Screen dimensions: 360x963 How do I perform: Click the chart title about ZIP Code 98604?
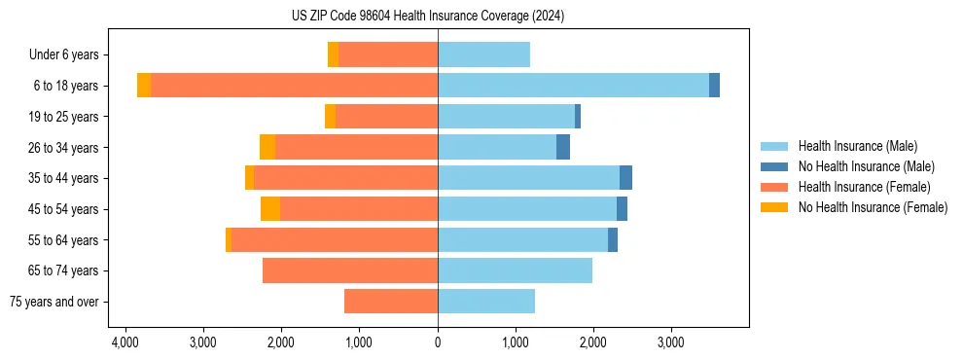[x=427, y=17]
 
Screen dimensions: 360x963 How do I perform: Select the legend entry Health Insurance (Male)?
[x=857, y=146]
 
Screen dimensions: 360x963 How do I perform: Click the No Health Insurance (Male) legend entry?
[x=866, y=166]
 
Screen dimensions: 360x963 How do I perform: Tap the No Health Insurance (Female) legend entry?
[x=873, y=207]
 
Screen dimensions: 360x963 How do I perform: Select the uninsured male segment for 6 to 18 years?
[x=714, y=86]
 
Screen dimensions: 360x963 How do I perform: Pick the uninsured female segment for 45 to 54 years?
[x=270, y=209]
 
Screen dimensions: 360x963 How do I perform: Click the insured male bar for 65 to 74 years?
[x=515, y=270]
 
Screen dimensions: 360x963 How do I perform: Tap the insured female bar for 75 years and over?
[x=391, y=302]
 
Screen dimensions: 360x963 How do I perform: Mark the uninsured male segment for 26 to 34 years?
[x=563, y=148]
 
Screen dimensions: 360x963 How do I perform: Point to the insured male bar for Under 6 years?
[x=483, y=55]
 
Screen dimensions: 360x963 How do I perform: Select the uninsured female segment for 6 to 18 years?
[x=144, y=86]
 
